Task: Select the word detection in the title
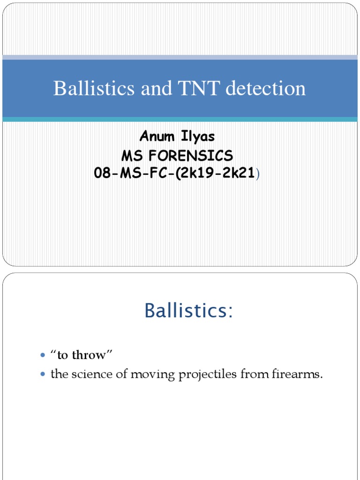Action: (x=265, y=89)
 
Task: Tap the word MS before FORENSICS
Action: (x=132, y=155)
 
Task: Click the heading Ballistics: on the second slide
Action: (x=188, y=310)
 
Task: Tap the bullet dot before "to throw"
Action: (x=44, y=356)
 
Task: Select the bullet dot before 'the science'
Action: (x=44, y=375)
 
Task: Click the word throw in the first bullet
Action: (x=93, y=355)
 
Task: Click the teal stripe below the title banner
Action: (x=180, y=120)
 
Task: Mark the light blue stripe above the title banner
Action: (x=180, y=57)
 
